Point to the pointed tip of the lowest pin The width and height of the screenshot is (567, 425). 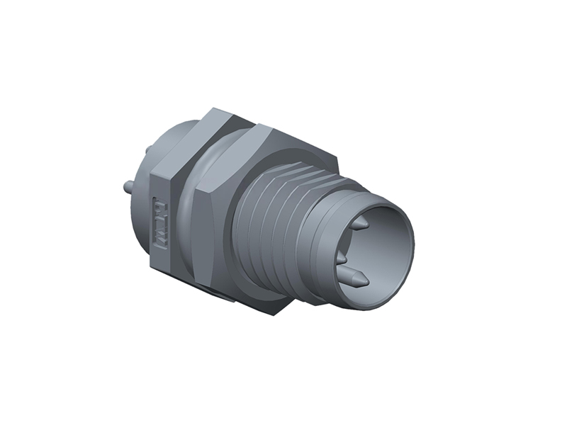tap(366, 282)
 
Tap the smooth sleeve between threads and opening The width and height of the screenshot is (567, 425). tap(319, 234)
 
